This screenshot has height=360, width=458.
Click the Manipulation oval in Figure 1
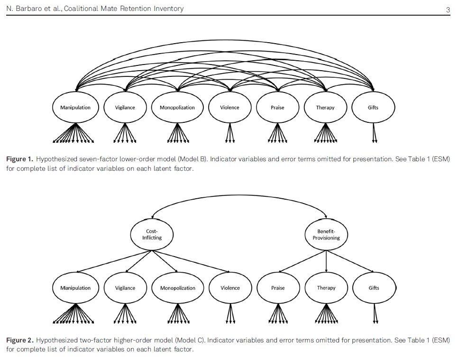[75, 107]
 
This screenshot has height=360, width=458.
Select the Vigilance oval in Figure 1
[125, 107]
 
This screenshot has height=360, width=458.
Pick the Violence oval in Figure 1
[230, 107]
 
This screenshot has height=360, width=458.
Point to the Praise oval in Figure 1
[277, 107]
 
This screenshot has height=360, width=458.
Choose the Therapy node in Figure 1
[325, 107]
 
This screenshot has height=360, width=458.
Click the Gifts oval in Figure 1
[373, 107]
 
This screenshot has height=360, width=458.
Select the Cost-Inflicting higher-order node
[152, 234]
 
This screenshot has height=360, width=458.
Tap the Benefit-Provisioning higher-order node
[326, 234]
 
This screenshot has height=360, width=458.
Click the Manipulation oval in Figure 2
[75, 288]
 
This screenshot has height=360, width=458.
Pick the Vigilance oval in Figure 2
[125, 288]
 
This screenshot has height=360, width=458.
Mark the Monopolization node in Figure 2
[178, 288]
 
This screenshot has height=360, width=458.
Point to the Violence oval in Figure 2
[230, 288]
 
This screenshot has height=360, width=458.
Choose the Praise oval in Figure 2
[277, 288]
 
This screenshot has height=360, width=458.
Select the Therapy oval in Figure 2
[326, 288]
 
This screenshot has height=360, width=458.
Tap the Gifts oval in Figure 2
[374, 288]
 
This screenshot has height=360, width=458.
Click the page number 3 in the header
[448, 9]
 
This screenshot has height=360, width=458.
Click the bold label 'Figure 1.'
[19, 160]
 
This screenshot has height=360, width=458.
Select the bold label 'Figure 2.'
[19, 341]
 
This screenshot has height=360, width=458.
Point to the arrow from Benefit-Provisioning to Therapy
[326, 261]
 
